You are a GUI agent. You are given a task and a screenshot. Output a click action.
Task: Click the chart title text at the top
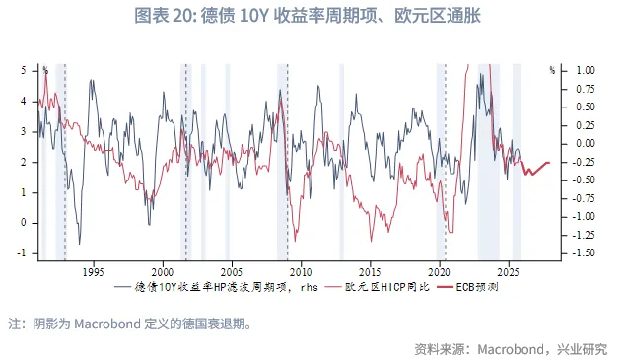pyautogui.click(x=312, y=17)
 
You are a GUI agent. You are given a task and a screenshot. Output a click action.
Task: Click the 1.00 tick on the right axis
pyautogui.click(x=586, y=70)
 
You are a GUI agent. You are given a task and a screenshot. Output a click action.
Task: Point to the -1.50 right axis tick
pyautogui.click(x=584, y=252)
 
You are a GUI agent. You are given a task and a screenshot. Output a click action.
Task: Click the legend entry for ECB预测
pyautogui.click(x=480, y=287)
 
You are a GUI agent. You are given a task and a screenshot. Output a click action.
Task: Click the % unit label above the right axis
pyautogui.click(x=552, y=70)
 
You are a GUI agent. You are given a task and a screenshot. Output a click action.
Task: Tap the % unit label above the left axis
pyautogui.click(x=44, y=70)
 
